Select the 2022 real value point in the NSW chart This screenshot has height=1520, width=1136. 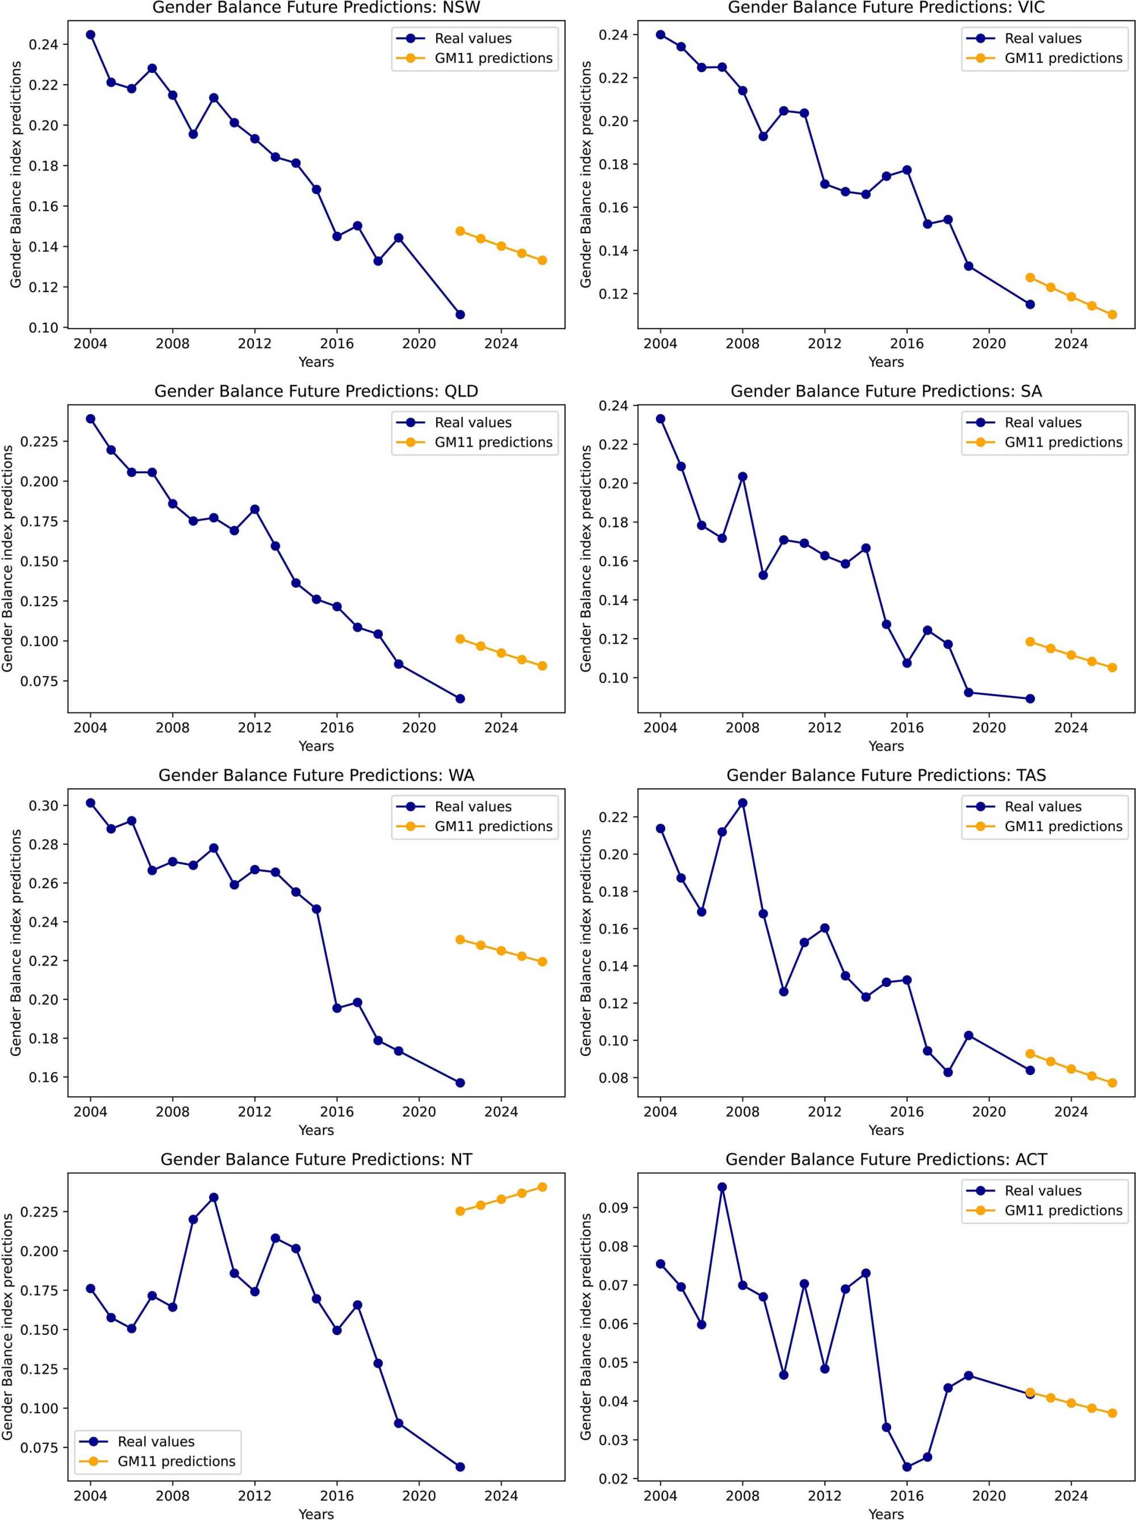point(460,315)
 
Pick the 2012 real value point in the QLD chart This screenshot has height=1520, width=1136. point(255,509)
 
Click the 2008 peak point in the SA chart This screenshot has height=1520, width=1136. point(742,476)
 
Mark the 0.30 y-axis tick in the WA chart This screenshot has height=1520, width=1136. point(44,805)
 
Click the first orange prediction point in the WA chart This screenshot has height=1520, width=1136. point(460,939)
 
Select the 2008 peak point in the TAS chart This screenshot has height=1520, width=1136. point(742,802)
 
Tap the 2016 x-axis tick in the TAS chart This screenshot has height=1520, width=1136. point(907,1111)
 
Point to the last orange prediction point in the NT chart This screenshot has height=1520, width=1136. point(542,1186)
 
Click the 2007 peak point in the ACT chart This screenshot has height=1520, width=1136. point(722,1186)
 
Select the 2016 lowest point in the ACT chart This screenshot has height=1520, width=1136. point(907,1467)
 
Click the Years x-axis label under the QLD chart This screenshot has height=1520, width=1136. point(316,746)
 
